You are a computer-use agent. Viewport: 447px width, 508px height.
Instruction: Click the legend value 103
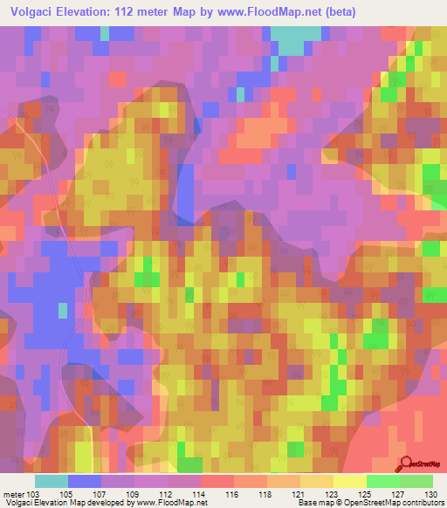pos(34,493)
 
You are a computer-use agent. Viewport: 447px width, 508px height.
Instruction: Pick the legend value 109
pos(134,493)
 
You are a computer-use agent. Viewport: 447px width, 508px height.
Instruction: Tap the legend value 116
pos(232,493)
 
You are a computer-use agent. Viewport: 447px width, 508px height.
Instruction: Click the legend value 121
pos(299,493)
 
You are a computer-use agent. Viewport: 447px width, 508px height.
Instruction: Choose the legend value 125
pos(365,493)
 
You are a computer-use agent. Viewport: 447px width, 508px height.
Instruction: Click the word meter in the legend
pos(14,493)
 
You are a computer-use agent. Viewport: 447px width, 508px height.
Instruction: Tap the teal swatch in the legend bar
pos(52,481)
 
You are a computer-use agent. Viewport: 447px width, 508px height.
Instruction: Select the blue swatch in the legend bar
pos(85,481)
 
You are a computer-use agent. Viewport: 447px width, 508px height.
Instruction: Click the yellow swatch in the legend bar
pos(350,481)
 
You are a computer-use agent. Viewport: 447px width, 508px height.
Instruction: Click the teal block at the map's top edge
pos(295,39)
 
